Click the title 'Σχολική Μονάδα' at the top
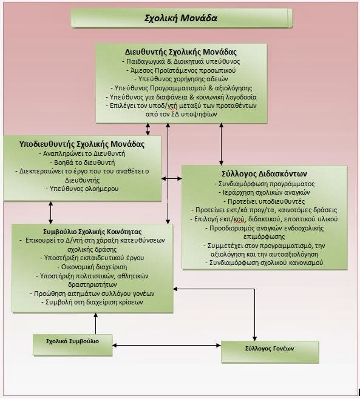point(181,18)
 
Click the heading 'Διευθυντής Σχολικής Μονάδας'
point(181,52)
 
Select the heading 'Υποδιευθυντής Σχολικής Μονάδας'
point(82,144)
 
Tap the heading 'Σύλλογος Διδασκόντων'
point(264,174)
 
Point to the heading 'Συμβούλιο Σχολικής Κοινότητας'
point(92,232)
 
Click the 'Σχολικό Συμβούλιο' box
point(73,345)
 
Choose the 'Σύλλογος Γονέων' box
point(270,352)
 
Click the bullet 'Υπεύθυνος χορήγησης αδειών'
point(181,79)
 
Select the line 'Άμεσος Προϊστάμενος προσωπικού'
point(181,70)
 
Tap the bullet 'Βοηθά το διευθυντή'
point(82,163)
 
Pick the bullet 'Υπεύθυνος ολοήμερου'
point(82,189)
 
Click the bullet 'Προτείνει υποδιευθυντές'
point(264,201)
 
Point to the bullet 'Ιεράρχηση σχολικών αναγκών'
point(264,192)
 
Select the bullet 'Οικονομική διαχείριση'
point(92,267)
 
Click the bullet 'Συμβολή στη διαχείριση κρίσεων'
point(92,302)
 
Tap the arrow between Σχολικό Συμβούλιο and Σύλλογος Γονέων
point(166,345)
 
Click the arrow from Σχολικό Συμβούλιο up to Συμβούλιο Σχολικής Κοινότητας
point(96,323)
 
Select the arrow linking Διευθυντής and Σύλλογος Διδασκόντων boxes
point(221,144)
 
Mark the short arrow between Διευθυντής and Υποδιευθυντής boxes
point(148,129)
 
